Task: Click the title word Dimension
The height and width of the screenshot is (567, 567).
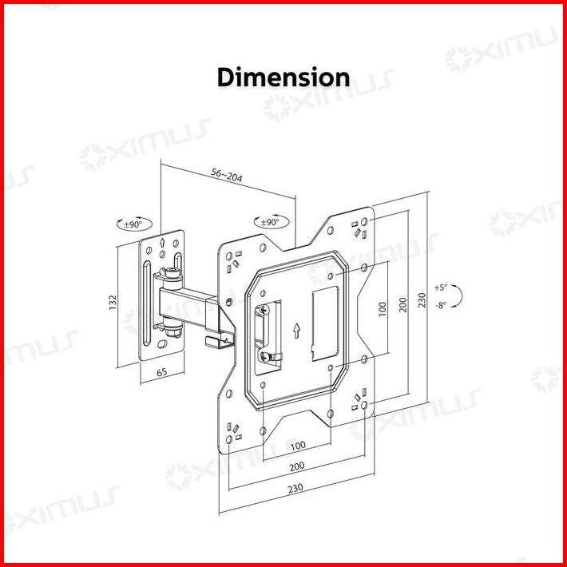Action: tap(283, 77)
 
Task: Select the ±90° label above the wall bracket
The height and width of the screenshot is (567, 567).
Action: tap(133, 224)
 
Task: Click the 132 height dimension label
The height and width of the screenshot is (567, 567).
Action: tap(113, 301)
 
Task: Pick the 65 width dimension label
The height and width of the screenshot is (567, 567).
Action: tap(161, 373)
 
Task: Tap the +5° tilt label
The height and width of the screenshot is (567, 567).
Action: tap(441, 287)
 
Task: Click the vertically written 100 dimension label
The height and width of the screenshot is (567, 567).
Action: tap(383, 307)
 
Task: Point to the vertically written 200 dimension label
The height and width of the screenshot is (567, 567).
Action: tap(403, 304)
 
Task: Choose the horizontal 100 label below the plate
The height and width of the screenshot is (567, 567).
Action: tap(296, 445)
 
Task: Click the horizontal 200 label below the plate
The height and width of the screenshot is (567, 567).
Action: tap(296, 465)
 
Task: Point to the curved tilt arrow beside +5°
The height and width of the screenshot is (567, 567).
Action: tap(462, 295)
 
